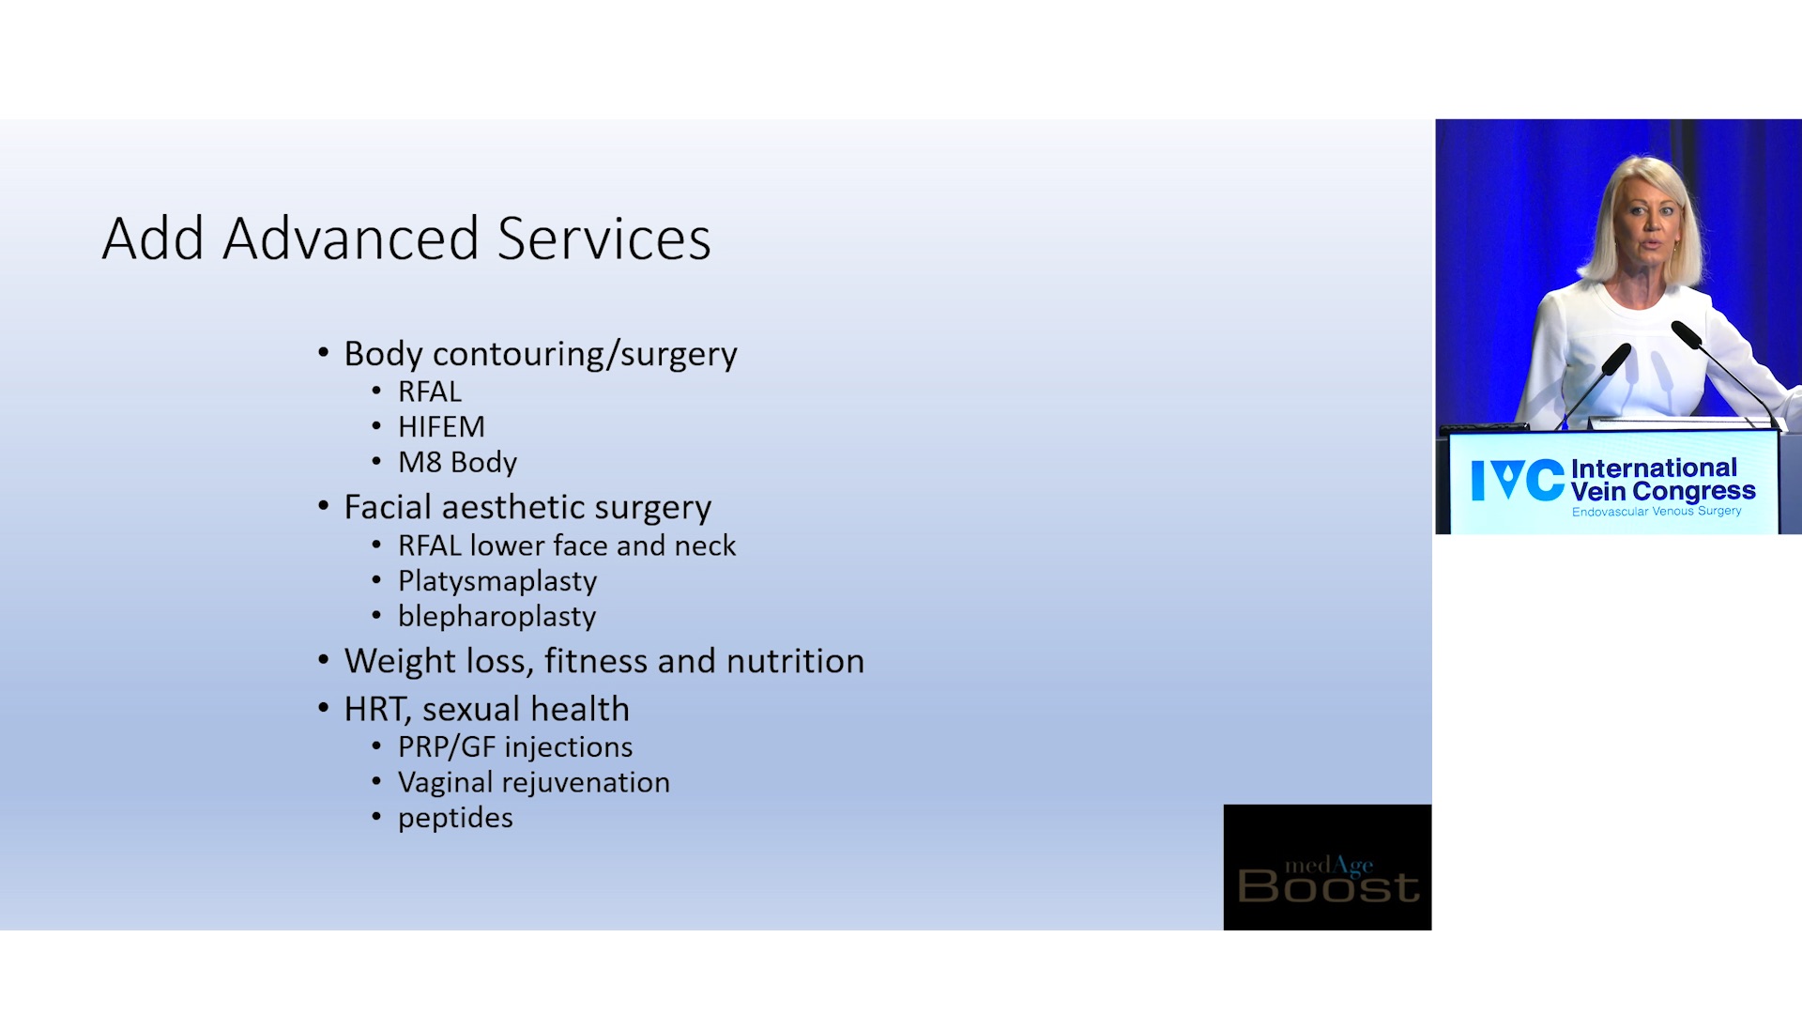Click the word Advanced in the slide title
tap(351, 238)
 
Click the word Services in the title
tap(604, 238)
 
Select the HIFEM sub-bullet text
tap(441, 427)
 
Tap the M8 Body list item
tap(457, 463)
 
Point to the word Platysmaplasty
tap(497, 582)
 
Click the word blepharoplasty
tap(497, 617)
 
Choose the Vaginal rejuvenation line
tap(534, 783)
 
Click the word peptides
tap(455, 819)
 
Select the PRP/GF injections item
tap(515, 747)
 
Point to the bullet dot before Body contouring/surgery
tap(324, 353)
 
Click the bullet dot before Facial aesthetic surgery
tap(324, 507)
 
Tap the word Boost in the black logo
tap(1328, 886)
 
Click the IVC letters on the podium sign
tap(1518, 481)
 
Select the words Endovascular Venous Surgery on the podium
tap(1657, 512)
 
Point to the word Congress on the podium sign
tap(1694, 492)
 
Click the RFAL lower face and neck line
tap(567, 546)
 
